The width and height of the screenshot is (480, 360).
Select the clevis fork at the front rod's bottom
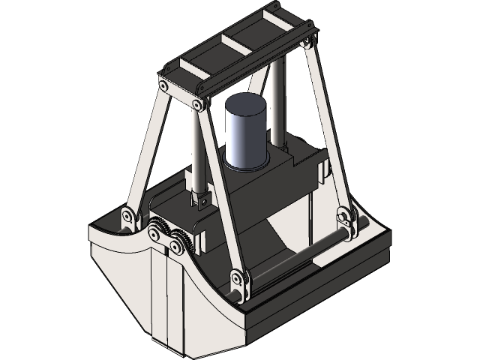pos(201,199)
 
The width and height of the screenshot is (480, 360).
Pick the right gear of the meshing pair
pos(178,244)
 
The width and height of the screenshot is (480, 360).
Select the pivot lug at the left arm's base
pos(128,218)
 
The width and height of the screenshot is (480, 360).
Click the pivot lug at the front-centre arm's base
pos(239,282)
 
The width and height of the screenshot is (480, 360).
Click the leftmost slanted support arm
pos(146,150)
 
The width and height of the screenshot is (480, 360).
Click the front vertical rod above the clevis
pos(198,150)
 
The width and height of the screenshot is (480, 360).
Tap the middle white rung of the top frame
pos(236,44)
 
